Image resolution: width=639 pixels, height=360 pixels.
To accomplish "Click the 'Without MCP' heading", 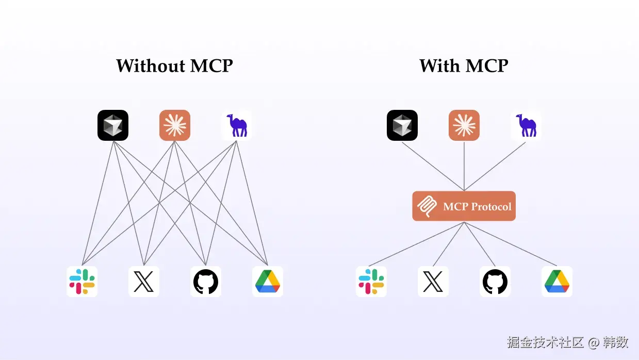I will click(174, 66).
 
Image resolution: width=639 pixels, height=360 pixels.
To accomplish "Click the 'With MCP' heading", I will click(464, 66).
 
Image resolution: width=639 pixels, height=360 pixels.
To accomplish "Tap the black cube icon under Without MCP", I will click(113, 125).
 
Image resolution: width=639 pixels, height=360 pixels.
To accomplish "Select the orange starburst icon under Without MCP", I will click(175, 125).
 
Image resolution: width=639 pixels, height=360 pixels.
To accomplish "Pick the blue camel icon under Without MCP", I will click(237, 125).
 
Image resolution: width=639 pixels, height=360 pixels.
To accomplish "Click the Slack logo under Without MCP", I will click(82, 282).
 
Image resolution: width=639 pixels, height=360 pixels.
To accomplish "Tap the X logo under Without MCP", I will click(144, 282).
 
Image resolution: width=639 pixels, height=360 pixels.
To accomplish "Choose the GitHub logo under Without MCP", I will click(206, 282).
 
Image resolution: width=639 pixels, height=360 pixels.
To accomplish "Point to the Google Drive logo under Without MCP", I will click(268, 282).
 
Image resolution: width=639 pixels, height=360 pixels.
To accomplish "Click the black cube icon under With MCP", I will click(402, 125).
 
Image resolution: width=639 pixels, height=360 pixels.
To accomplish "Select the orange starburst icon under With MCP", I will click(464, 125).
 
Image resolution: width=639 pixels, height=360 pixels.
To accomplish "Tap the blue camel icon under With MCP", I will click(526, 125).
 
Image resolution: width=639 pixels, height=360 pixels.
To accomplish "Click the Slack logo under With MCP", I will click(371, 282).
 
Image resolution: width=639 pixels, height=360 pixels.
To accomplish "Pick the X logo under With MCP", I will click(433, 282).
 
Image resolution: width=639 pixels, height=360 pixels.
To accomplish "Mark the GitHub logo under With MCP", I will click(495, 282).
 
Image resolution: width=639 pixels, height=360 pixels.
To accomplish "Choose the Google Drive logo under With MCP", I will click(557, 282).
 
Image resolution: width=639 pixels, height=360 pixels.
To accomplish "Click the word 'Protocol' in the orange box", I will click(490, 207).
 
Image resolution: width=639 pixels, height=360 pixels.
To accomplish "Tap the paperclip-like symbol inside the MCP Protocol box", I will click(427, 206).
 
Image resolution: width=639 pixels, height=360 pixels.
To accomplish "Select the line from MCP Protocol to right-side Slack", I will click(418, 243).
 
